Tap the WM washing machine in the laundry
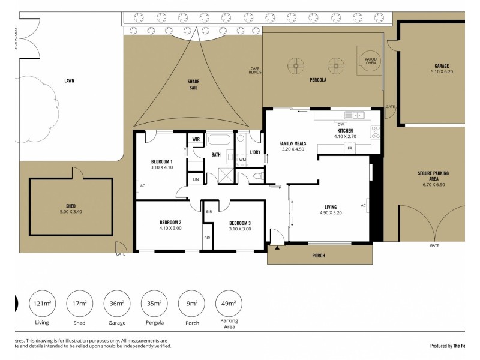pyautogui.click(x=242, y=160)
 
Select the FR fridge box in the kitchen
pyautogui.click(x=349, y=148)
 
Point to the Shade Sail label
pyautogui.click(x=193, y=85)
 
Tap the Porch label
pyautogui.click(x=319, y=256)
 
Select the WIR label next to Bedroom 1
pyautogui.click(x=196, y=139)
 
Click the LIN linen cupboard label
pyautogui.click(x=196, y=179)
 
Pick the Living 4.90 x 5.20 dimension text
pyautogui.click(x=331, y=212)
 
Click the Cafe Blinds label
pyautogui.click(x=255, y=71)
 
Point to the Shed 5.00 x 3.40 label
pyautogui.click(x=71, y=209)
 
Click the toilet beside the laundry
pyautogui.click(x=257, y=176)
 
